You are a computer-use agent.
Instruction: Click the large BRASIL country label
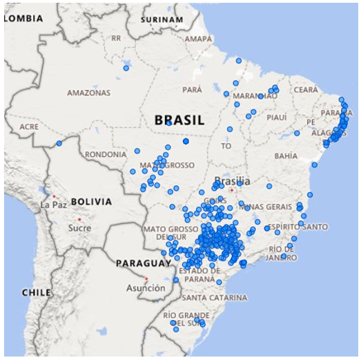(x=179, y=120)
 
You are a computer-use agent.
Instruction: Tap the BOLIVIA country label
(x=90, y=202)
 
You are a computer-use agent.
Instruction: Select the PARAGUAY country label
(x=143, y=263)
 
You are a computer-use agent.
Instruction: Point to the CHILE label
(x=36, y=292)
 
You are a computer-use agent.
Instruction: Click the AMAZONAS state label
(x=88, y=92)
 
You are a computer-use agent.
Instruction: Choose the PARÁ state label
(x=192, y=90)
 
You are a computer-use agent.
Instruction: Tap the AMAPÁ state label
(x=198, y=39)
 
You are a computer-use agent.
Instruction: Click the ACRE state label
(x=29, y=128)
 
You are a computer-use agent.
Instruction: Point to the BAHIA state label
(x=286, y=156)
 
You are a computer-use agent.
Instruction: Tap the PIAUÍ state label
(x=276, y=117)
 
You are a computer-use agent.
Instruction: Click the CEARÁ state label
(x=306, y=90)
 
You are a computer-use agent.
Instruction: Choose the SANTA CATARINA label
(x=214, y=298)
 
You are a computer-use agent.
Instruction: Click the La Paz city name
(x=54, y=205)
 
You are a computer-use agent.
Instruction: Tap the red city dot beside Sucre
(x=80, y=220)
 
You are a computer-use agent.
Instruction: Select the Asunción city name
(x=146, y=287)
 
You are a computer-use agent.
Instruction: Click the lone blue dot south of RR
(x=126, y=68)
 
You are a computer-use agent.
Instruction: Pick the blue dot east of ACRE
(x=59, y=144)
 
